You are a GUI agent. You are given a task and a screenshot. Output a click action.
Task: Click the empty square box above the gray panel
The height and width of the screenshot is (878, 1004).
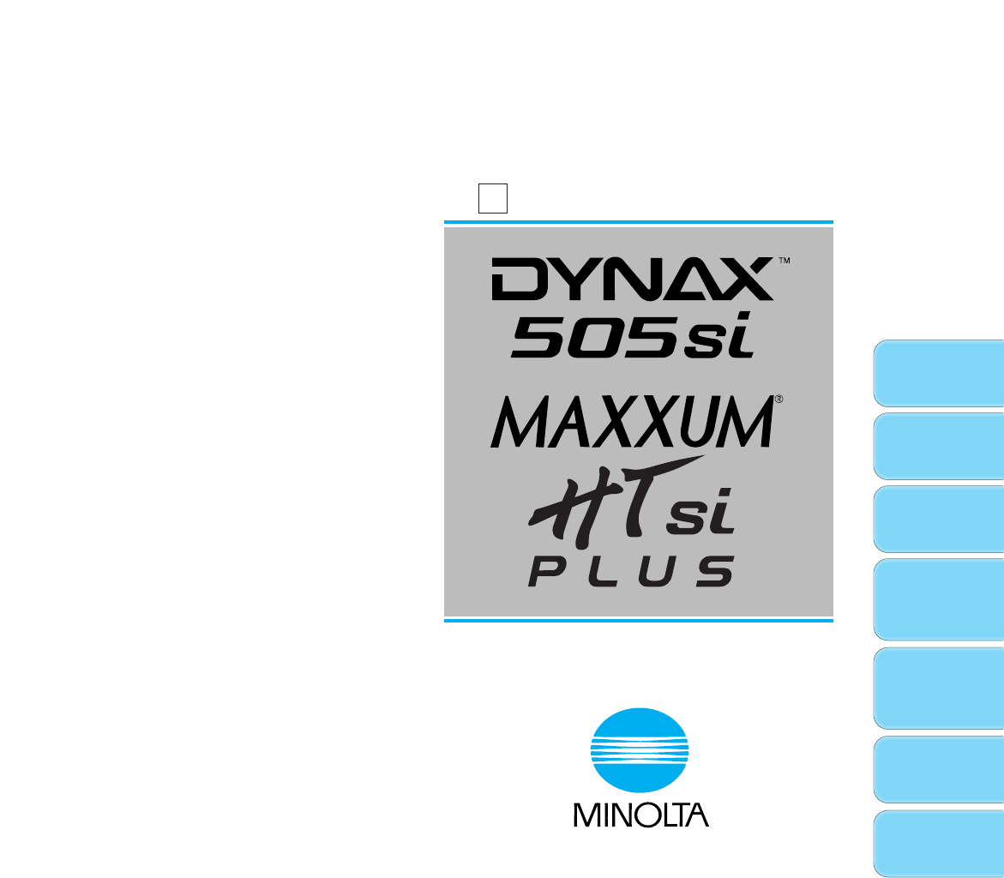pyautogui.click(x=493, y=198)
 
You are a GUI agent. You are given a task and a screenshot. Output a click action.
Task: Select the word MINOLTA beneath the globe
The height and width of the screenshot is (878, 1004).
pyautogui.click(x=640, y=814)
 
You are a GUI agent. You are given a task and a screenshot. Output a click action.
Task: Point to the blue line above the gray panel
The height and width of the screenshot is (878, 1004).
pyautogui.click(x=638, y=221)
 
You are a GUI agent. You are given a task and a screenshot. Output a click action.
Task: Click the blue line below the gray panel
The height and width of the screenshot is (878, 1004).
pyautogui.click(x=638, y=619)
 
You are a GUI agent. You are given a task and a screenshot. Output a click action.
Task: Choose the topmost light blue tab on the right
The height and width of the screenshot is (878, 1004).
pyautogui.click(x=939, y=372)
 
